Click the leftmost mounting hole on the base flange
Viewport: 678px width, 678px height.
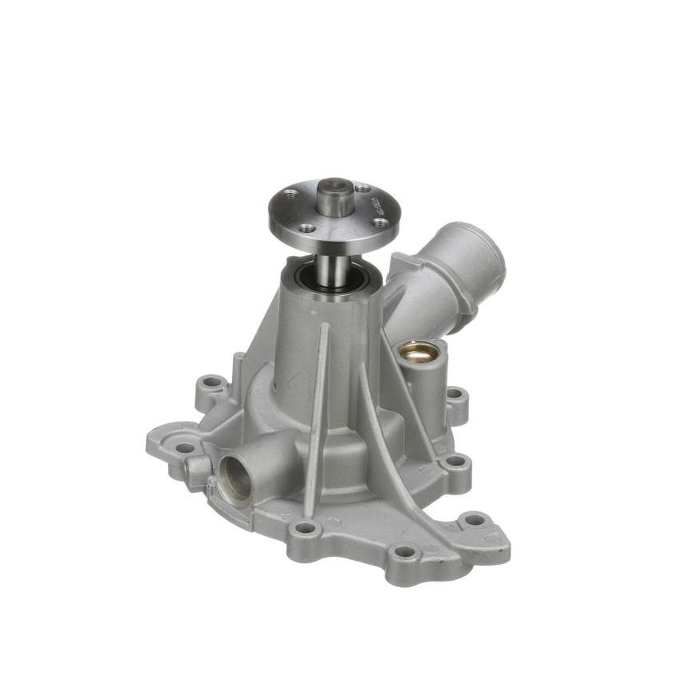185,447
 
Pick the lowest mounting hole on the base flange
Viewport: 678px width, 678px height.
405,551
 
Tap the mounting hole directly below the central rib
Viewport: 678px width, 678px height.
305,527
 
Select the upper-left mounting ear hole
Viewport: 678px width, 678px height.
211,382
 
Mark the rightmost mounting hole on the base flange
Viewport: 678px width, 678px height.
475,519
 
